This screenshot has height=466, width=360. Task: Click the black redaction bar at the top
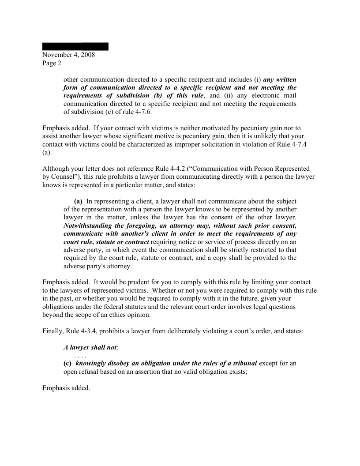[x=75, y=46]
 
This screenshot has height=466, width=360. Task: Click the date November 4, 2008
[x=68, y=55]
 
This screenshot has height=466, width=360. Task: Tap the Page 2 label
[x=52, y=63]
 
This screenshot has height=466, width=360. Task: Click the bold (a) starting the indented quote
[x=78, y=201]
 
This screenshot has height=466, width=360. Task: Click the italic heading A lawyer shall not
[x=90, y=347]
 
